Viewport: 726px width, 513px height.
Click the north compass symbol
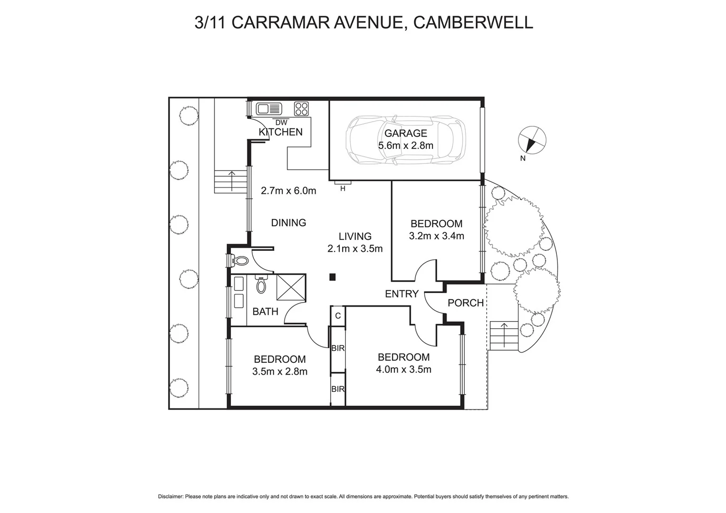(x=532, y=140)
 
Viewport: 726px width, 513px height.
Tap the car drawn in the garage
(x=405, y=139)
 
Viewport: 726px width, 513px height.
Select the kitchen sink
(x=269, y=109)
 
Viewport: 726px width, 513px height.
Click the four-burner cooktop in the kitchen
(x=301, y=109)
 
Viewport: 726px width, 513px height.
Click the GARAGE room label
(x=406, y=133)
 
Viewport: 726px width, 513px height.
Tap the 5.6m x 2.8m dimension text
(x=406, y=146)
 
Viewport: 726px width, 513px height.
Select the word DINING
(x=288, y=223)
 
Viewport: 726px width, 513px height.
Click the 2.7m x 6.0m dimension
(x=288, y=191)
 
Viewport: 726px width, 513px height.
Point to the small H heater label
(x=343, y=189)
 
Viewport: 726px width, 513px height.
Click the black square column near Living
(x=333, y=277)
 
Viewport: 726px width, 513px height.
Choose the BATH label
(x=265, y=312)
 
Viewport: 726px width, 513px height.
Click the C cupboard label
(x=338, y=315)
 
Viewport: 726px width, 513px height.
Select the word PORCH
(x=466, y=303)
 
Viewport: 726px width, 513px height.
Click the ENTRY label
(x=401, y=294)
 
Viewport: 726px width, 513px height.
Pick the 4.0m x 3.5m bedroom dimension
(x=403, y=370)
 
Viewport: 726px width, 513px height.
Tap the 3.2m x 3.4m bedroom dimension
(x=436, y=236)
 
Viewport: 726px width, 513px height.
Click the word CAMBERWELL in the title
(x=473, y=22)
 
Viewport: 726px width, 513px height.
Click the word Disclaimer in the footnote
(x=170, y=497)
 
